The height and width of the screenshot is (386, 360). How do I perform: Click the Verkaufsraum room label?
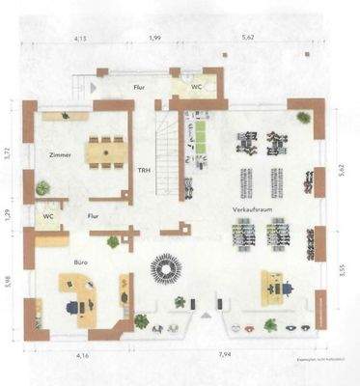(247, 208)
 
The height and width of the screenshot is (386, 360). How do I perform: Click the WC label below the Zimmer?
(47, 217)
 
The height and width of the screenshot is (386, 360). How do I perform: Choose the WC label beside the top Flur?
(196, 86)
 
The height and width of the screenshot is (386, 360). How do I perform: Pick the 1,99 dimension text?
(155, 38)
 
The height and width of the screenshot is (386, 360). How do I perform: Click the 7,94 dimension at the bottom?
(225, 355)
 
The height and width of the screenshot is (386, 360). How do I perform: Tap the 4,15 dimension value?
(80, 38)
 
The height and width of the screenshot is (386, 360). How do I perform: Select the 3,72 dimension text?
(8, 152)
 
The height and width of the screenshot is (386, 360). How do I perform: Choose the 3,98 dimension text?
(8, 282)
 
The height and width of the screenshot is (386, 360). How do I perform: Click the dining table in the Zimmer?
(105, 151)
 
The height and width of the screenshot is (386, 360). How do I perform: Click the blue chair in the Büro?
(74, 304)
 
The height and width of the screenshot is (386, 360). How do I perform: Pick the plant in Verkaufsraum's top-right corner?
(303, 118)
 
